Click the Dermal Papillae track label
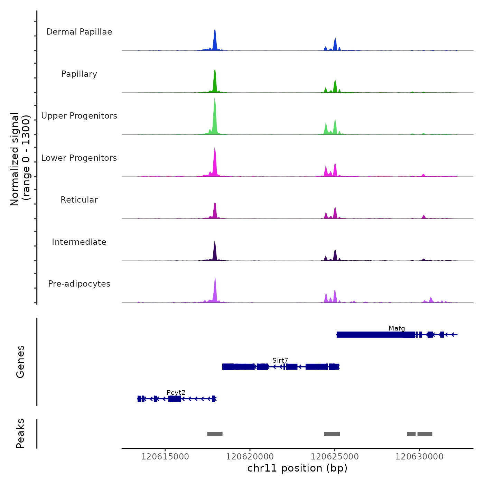[79, 32]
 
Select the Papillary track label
[79, 74]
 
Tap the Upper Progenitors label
[79, 116]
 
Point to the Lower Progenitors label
[79, 158]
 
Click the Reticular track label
[79, 200]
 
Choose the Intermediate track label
[79, 242]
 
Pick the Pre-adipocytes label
[79, 284]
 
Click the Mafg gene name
[397, 328]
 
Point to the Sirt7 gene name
[280, 360]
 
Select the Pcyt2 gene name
[176, 392]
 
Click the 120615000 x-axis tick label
[165, 456]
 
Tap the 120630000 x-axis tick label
[419, 456]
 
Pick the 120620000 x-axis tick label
[250, 456]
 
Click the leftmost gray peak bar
[215, 434]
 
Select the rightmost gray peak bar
[425, 434]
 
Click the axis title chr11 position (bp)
[297, 468]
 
